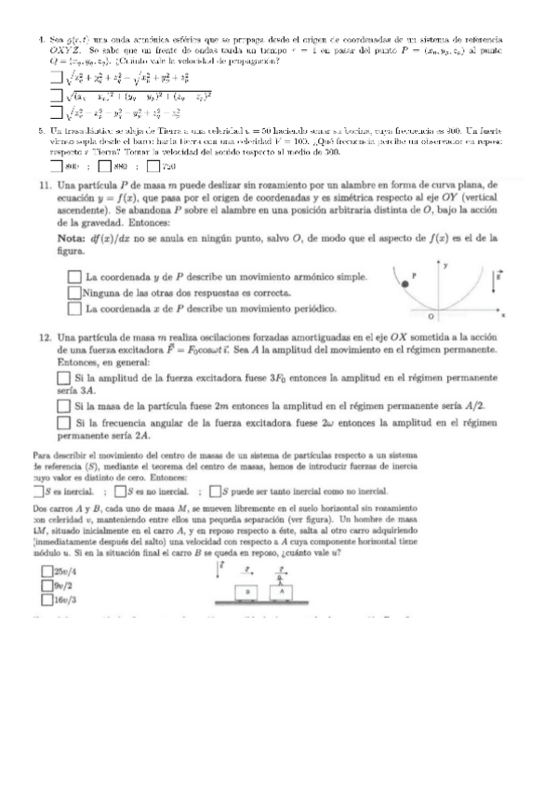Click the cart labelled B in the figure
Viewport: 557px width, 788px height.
pyautogui.click(x=246, y=592)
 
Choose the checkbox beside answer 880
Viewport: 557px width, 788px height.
pyautogui.click(x=103, y=167)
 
